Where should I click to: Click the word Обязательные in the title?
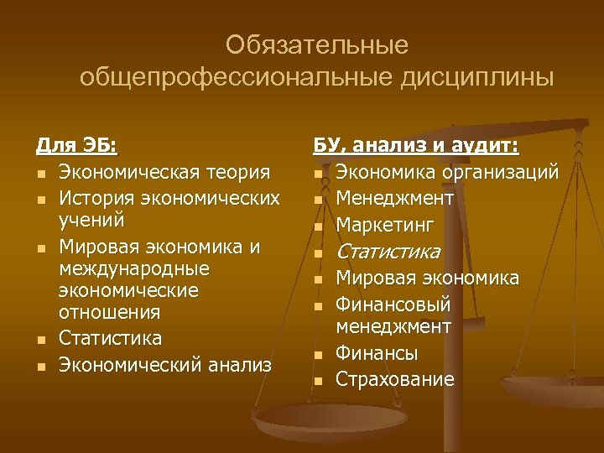(316, 44)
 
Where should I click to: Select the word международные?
(134, 269)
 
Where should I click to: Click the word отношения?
(109, 312)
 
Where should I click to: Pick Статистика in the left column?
(110, 338)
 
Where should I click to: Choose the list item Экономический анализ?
(165, 364)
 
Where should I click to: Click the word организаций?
(504, 173)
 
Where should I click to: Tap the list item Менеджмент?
(394, 198)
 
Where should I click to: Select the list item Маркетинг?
(384, 225)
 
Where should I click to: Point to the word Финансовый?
(393, 304)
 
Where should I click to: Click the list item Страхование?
(394, 379)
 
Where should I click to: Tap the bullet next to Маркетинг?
(319, 226)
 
